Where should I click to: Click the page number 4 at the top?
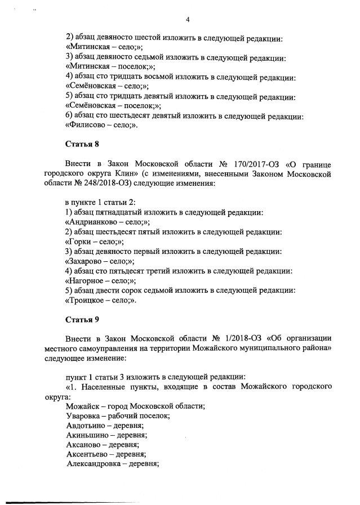click(188, 20)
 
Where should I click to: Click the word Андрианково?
click(93, 222)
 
